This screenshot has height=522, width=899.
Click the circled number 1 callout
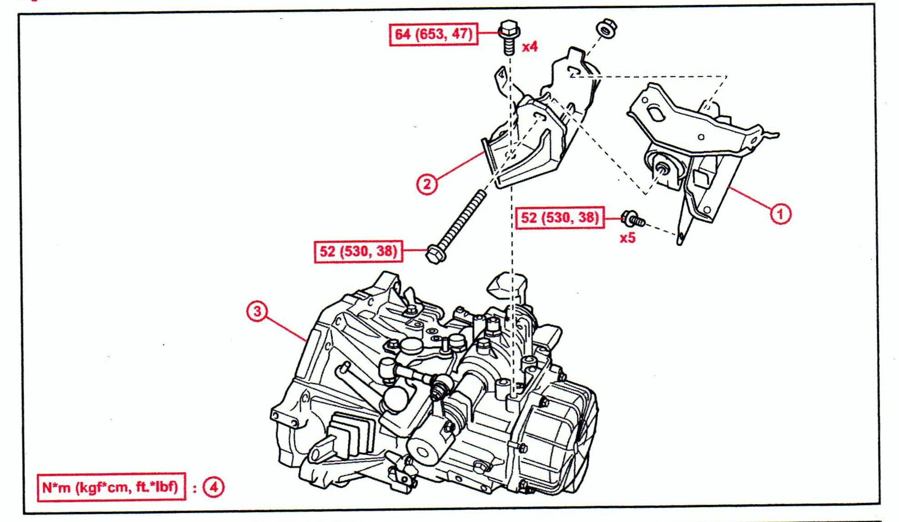(780, 214)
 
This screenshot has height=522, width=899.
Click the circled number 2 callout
(427, 184)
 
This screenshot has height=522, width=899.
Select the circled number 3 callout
(257, 312)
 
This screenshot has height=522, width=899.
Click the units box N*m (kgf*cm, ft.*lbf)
(111, 487)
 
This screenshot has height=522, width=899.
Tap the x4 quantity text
(530, 46)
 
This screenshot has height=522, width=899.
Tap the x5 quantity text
(627, 238)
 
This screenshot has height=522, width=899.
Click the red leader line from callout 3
(284, 327)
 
